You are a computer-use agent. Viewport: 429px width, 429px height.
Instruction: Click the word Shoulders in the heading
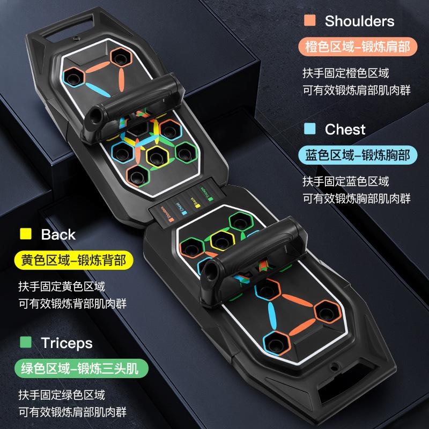359,21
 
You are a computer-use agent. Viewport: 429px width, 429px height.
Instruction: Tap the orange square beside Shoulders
309,21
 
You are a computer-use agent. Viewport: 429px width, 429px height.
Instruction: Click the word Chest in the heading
345,129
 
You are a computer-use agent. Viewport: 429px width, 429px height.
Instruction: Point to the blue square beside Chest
309,129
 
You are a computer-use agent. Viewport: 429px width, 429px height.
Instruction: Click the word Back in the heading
58,234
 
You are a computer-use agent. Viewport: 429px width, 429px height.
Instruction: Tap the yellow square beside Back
25,234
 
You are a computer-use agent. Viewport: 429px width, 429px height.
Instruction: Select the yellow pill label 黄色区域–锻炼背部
73,261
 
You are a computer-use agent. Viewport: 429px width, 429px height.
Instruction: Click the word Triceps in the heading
66,343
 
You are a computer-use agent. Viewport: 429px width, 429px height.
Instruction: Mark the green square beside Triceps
25,343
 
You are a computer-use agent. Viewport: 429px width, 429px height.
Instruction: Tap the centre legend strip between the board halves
185,204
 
